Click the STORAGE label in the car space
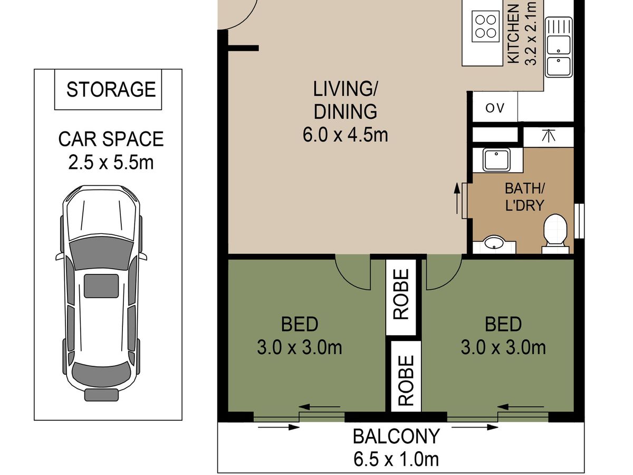111,89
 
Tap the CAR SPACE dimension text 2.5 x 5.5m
111,163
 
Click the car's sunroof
101,286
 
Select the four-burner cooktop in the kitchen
486,26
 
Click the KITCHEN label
513,37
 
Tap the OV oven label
495,108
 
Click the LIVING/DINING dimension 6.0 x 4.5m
345,135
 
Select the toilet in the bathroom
555,234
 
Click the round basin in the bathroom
494,243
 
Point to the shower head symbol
548,135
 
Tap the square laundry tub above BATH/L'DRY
496,160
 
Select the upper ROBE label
401,294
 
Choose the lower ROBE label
406,380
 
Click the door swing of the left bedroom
352,272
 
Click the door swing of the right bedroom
444,272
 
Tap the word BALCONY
397,436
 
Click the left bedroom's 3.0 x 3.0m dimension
299,347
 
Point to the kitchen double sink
559,47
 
